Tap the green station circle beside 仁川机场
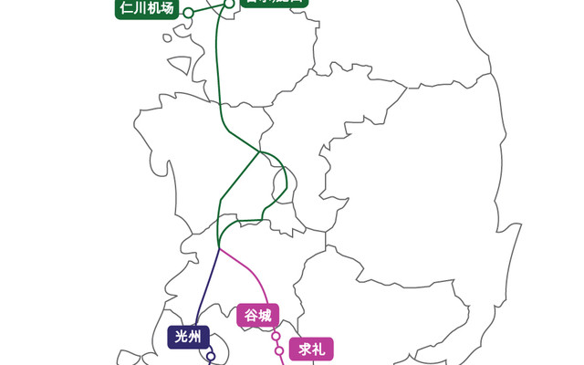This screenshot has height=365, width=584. click(188, 13)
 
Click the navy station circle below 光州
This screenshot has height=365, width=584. click(211, 356)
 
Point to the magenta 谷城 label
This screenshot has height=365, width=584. click(256, 316)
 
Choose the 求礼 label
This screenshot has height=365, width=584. click(312, 348)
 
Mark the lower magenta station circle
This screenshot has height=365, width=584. click(279, 349)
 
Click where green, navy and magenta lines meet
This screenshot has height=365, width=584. click(219, 248)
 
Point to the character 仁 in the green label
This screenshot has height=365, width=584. click(126, 10)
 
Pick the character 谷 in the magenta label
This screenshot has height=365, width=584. click(247, 316)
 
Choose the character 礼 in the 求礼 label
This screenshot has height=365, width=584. click(322, 348)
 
